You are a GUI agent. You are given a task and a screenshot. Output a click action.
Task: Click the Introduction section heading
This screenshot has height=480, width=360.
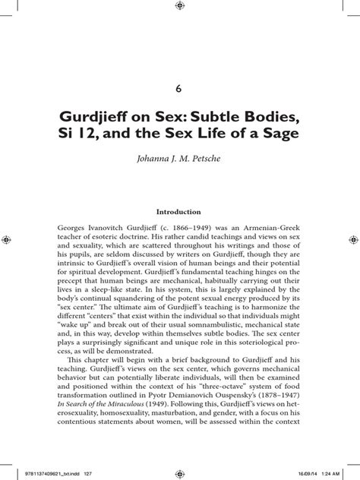point(178,212)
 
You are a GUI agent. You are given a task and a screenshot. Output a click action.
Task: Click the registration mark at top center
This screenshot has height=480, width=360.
point(179,6)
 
